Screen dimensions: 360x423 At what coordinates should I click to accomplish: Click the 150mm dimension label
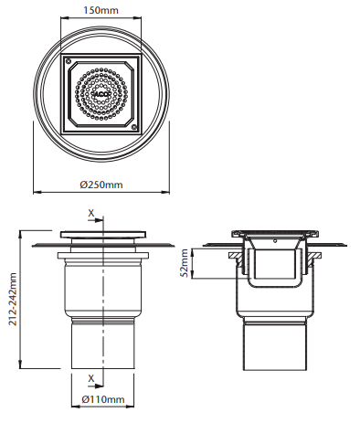click(x=101, y=10)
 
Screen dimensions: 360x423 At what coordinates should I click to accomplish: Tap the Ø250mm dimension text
click(x=101, y=185)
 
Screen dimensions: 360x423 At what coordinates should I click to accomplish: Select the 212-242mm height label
click(x=13, y=299)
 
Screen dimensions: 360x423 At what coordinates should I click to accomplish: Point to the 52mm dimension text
click(x=185, y=263)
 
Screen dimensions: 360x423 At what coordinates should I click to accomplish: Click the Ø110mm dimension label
click(x=103, y=399)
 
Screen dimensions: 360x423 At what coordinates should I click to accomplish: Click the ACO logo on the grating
click(x=101, y=94)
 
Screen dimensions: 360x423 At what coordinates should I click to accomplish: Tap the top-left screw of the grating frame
click(x=69, y=60)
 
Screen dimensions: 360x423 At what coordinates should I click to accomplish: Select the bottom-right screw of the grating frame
click(x=133, y=127)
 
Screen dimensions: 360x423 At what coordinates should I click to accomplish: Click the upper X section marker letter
click(x=91, y=213)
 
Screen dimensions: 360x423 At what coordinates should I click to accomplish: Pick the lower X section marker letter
click(x=91, y=378)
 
